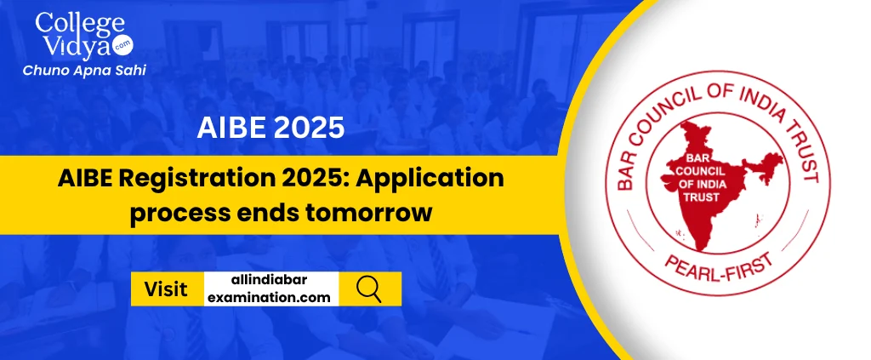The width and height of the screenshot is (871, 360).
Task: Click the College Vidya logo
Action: pyautogui.click(x=84, y=44)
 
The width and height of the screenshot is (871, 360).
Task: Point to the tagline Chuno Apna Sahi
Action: pyautogui.click(x=84, y=71)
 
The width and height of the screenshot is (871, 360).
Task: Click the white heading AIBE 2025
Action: pyautogui.click(x=270, y=129)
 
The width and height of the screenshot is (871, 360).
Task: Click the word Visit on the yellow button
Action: pyautogui.click(x=166, y=289)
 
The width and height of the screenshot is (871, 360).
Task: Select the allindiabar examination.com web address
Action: pyautogui.click(x=271, y=289)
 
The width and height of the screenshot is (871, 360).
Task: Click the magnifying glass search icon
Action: pyautogui.click(x=369, y=289)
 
